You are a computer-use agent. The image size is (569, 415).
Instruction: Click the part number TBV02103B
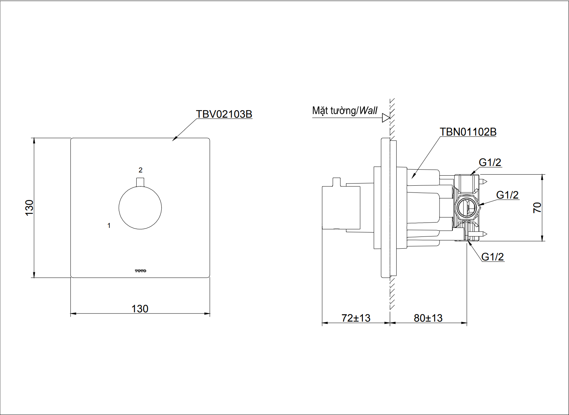pos(224,114)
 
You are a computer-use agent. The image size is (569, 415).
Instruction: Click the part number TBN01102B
pos(468,132)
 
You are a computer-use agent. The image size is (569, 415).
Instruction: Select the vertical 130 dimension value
pos(29,207)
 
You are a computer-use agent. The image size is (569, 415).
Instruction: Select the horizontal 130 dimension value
pos(140,309)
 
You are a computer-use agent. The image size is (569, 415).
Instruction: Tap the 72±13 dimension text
pos(356,318)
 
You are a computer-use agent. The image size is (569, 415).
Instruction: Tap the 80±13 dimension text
pos(428,318)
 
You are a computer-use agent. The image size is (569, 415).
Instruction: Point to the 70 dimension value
pos(537,207)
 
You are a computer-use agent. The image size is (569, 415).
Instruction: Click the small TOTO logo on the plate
pos(141,271)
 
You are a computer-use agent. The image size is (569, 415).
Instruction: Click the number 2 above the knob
pos(141,170)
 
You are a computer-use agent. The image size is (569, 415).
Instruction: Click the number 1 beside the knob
pos(109,225)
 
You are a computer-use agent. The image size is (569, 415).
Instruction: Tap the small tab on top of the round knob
pos(140,182)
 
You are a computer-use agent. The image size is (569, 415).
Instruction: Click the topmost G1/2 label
pos(490,162)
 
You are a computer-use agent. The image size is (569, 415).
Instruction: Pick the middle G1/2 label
pos(507,195)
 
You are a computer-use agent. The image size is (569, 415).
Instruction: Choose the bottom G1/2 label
pos(492,257)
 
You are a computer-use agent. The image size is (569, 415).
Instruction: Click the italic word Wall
pos(368,111)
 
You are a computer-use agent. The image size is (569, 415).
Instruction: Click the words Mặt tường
pos(334,111)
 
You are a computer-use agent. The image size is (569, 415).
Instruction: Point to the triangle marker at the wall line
pos(386,118)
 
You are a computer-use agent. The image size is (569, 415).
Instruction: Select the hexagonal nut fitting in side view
pos(466,207)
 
